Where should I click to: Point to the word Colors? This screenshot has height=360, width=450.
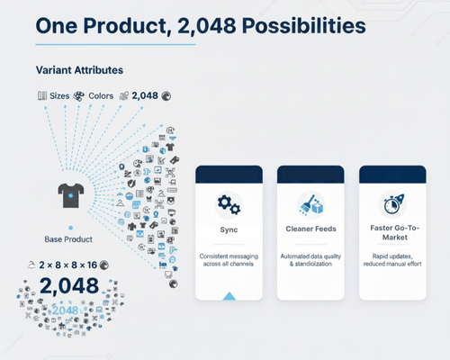tap(101, 94)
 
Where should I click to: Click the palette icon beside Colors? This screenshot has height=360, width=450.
tap(79, 94)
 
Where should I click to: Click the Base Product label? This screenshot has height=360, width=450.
tap(68, 238)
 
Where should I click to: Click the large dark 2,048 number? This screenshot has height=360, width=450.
tap(68, 287)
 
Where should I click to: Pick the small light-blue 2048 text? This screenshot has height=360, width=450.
tap(65, 310)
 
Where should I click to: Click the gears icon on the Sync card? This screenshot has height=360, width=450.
tap(229, 204)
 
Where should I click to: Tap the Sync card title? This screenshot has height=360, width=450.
tap(229, 229)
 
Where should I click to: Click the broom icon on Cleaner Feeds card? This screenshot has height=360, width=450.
tap(311, 204)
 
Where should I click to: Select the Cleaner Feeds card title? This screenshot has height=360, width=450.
tap(311, 229)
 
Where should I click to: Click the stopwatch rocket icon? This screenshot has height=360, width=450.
tap(393, 203)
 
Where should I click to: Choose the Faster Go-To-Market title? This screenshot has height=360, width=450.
tap(393, 234)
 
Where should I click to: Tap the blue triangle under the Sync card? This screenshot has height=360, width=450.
tap(229, 296)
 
